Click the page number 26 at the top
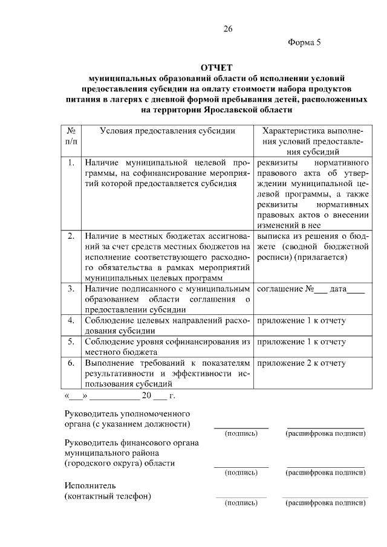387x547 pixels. [227, 28]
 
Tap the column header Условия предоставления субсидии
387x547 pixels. [167, 131]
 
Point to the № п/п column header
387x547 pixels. [71, 135]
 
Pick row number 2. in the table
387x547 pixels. [71, 235]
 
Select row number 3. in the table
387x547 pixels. [71, 289]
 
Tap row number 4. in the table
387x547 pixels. [71, 320]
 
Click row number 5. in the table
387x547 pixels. [71, 341]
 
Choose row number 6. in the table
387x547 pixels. [71, 363]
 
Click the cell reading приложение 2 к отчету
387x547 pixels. [301, 363]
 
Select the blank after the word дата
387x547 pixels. [356, 290]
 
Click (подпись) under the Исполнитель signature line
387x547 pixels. [241, 502]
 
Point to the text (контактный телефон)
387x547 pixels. [108, 496]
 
